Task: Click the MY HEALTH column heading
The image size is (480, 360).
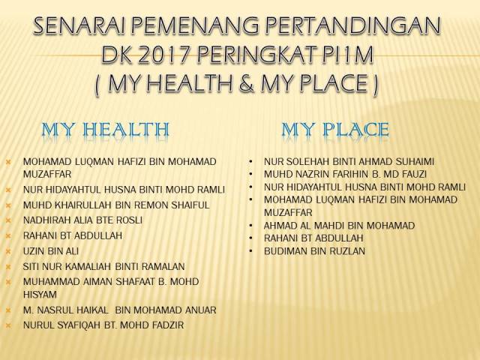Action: [105, 130]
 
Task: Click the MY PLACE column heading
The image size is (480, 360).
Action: [334, 130]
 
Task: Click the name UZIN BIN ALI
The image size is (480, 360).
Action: [51, 250]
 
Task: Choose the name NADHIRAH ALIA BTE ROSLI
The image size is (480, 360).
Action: [82, 220]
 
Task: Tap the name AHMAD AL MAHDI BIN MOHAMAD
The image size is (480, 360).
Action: [329, 225]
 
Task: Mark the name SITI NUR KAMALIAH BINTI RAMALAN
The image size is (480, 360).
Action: [103, 266]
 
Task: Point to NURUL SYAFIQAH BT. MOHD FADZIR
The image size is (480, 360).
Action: [103, 325]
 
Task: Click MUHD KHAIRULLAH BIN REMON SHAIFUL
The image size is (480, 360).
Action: [116, 205]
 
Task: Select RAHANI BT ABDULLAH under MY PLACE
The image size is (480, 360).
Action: [312, 238]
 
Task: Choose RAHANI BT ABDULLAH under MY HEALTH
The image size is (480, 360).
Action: [73, 235]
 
